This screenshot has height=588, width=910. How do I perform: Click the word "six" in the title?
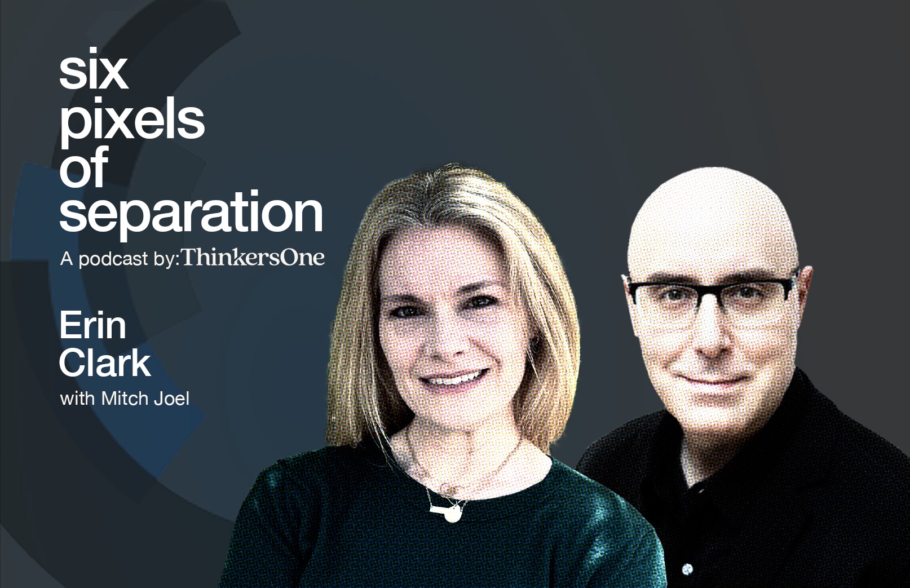point(94,69)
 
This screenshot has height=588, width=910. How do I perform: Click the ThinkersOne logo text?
point(254,258)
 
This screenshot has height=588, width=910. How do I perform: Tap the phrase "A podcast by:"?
point(120,259)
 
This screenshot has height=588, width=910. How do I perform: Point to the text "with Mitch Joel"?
point(125,399)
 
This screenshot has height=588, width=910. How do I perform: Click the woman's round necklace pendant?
point(452,514)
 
